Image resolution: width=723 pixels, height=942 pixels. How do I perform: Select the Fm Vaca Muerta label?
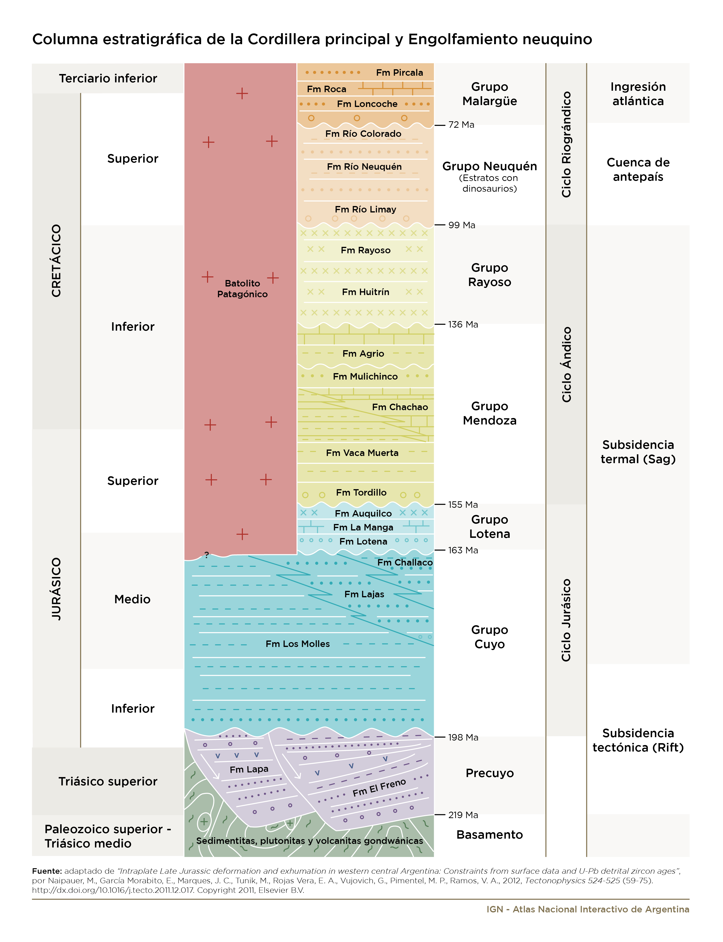click(362, 453)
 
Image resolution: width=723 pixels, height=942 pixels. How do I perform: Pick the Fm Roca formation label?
click(327, 89)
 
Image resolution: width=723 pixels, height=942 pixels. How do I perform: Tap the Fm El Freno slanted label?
click(379, 788)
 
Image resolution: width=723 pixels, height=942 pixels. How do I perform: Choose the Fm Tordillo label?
click(361, 492)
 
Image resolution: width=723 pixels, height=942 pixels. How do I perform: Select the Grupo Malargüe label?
click(490, 94)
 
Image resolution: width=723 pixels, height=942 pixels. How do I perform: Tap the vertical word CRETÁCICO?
click(56, 260)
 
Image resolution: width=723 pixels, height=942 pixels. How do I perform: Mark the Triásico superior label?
click(108, 781)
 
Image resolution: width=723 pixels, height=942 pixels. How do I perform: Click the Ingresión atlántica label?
click(638, 94)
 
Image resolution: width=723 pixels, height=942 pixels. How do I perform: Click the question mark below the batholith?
click(207, 555)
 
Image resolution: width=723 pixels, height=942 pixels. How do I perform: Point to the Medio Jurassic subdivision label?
click(133, 599)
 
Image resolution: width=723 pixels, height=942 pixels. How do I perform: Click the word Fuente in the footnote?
click(47, 871)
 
